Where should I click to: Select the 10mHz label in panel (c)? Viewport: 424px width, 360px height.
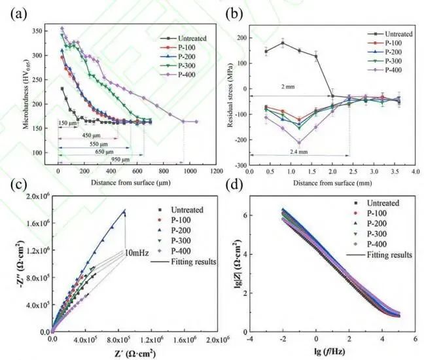(139, 253)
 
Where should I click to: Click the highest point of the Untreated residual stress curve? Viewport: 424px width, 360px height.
(282, 43)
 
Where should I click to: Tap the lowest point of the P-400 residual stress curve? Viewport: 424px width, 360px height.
(299, 142)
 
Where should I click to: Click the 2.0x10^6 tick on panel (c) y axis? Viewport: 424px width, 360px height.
(36, 196)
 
